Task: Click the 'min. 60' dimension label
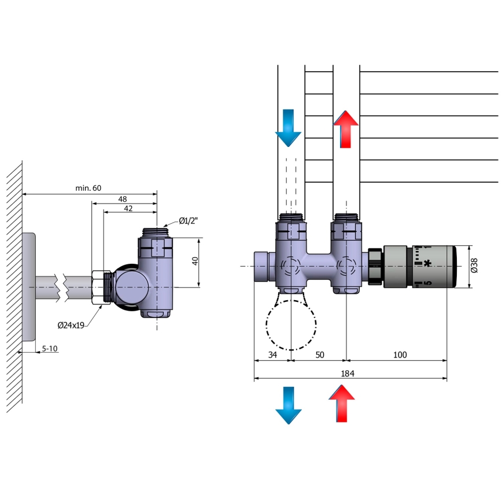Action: click(x=88, y=188)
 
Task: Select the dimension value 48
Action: click(x=122, y=199)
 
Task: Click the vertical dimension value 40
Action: click(x=195, y=261)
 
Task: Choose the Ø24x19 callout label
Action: click(x=71, y=325)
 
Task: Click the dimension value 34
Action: click(x=271, y=355)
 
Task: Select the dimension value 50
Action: click(x=319, y=355)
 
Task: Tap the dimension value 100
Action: click(x=400, y=355)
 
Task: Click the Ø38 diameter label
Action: click(x=475, y=266)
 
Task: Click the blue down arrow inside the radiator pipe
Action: click(x=288, y=129)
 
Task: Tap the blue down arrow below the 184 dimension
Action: click(x=288, y=405)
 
